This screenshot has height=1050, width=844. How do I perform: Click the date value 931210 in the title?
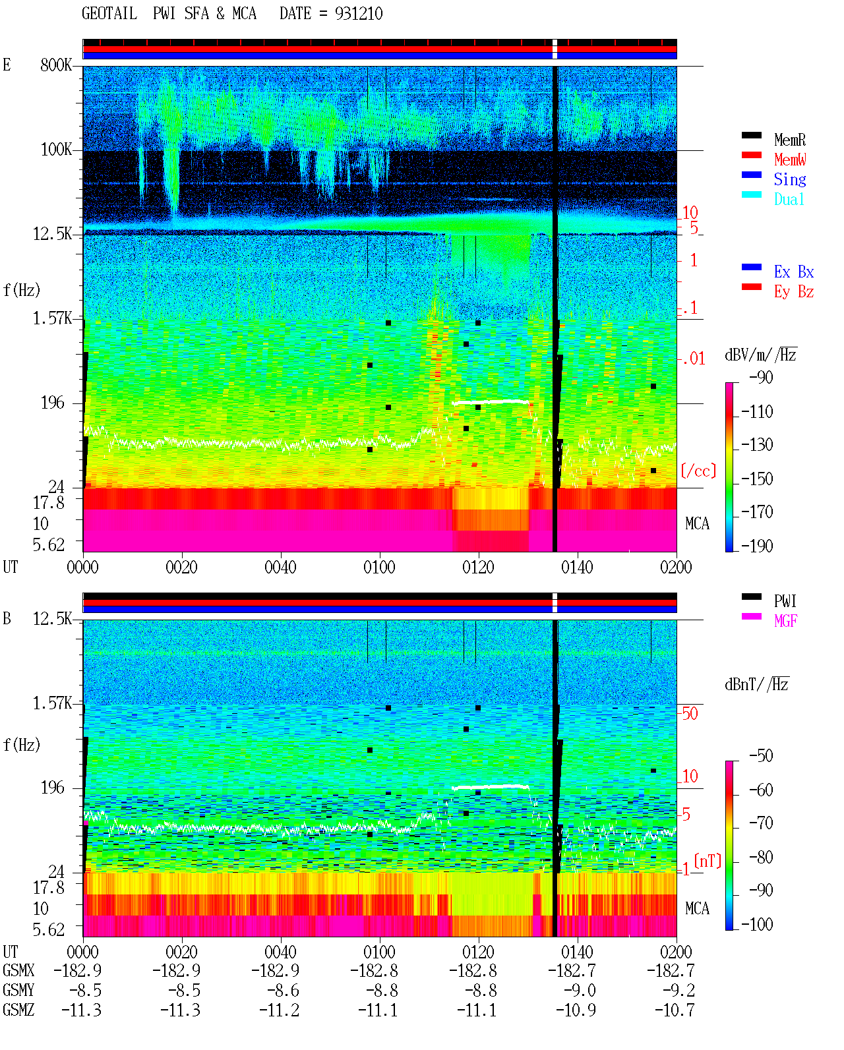coord(359,14)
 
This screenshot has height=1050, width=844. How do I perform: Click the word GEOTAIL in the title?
coord(109,14)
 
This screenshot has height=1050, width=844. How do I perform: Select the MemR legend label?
coord(790,140)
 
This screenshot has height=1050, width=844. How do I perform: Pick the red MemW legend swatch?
coord(751,155)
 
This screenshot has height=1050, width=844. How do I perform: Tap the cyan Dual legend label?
coord(789,200)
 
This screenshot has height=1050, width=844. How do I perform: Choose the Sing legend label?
coord(790,179)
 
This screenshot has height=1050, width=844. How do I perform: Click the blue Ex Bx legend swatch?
coord(751,267)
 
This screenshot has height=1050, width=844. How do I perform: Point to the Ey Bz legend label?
coord(794,292)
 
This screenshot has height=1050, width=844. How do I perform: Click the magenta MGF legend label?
coord(786,621)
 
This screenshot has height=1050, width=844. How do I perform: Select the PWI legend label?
coord(785,600)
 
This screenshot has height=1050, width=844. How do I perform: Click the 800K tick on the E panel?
coord(56,65)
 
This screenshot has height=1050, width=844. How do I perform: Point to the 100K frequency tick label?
coord(56,150)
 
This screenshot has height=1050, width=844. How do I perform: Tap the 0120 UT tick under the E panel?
coord(479,567)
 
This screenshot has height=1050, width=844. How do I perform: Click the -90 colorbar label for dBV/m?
coord(761,377)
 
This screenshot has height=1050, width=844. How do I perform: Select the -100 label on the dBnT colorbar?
coord(757,924)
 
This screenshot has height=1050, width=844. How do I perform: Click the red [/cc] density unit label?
coord(698,471)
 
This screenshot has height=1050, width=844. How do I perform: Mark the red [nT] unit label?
coord(708,861)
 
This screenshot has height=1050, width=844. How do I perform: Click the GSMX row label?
coord(18,970)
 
